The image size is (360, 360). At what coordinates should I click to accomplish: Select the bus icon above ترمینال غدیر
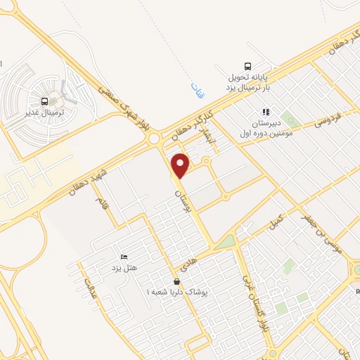(x=45, y=102)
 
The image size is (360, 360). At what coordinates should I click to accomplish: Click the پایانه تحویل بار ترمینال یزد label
(x=229, y=82)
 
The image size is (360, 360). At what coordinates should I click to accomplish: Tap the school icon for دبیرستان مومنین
(x=266, y=111)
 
